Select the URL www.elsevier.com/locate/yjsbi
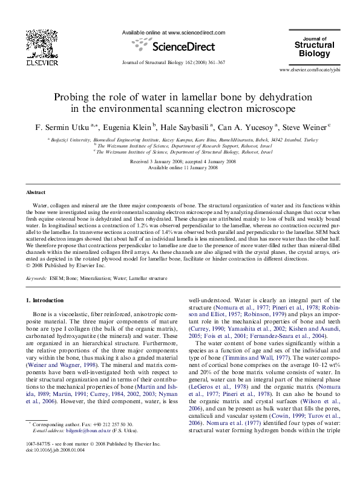tap(309, 71)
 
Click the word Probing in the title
tap(72, 97)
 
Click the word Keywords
tap(36, 278)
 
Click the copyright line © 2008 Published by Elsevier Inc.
tap(62, 265)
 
